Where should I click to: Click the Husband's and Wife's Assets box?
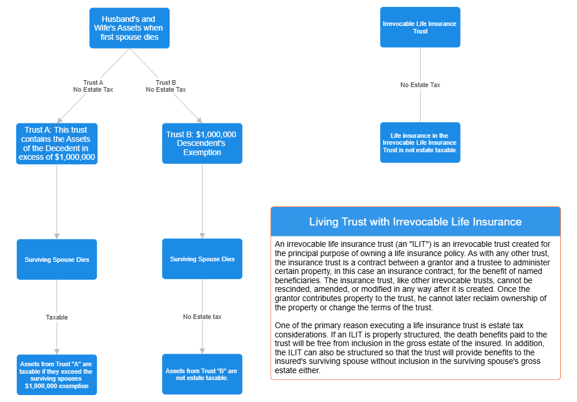pyautogui.click(x=129, y=28)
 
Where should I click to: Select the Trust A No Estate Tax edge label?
pyautogui.click(x=93, y=86)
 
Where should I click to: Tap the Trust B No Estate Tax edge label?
pyautogui.click(x=166, y=86)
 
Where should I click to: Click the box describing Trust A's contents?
pyautogui.click(x=57, y=144)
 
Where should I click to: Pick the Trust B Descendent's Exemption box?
pyautogui.click(x=201, y=144)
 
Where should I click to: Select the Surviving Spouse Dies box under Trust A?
pyautogui.click(x=57, y=260)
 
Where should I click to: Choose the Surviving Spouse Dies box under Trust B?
pyautogui.click(x=202, y=260)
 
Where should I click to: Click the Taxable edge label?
pyautogui.click(x=57, y=317)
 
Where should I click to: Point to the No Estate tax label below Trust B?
pyautogui.click(x=202, y=317)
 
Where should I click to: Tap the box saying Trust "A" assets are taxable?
pyautogui.click(x=57, y=374)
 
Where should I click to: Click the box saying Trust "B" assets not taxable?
pyautogui.click(x=201, y=374)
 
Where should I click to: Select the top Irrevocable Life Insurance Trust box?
pyautogui.click(x=420, y=27)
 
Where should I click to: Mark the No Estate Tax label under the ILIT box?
pyautogui.click(x=420, y=85)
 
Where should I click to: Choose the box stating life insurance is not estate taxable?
pyautogui.click(x=420, y=142)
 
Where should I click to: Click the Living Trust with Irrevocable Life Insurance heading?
pyautogui.click(x=415, y=222)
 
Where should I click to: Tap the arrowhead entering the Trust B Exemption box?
pyautogui.click(x=199, y=120)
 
